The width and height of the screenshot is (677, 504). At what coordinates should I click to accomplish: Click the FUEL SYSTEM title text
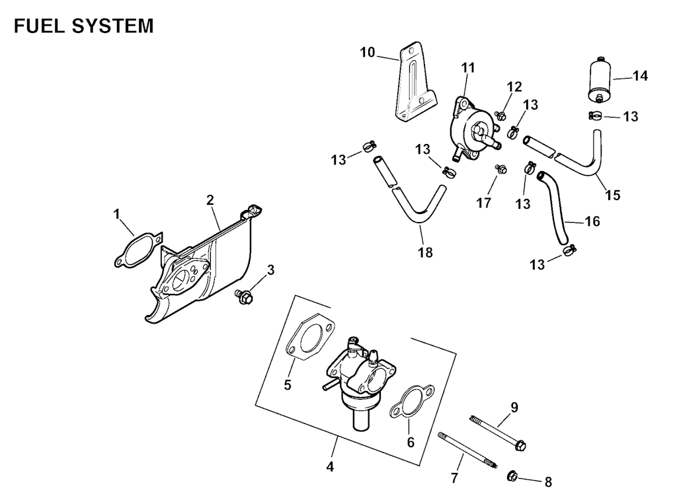point(83,26)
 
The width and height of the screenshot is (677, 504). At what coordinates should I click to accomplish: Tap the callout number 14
point(640,76)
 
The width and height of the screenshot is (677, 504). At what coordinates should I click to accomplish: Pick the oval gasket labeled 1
point(137,248)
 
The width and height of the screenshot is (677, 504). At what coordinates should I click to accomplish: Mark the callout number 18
point(425,252)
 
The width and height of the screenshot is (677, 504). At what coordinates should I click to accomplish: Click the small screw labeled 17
point(500,168)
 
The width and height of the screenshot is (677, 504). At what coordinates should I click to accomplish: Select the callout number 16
point(592,222)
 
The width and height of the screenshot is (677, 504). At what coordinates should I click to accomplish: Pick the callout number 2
point(210,199)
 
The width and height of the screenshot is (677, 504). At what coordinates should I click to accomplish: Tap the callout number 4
point(330,466)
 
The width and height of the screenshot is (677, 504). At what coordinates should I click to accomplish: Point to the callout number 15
point(613,195)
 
